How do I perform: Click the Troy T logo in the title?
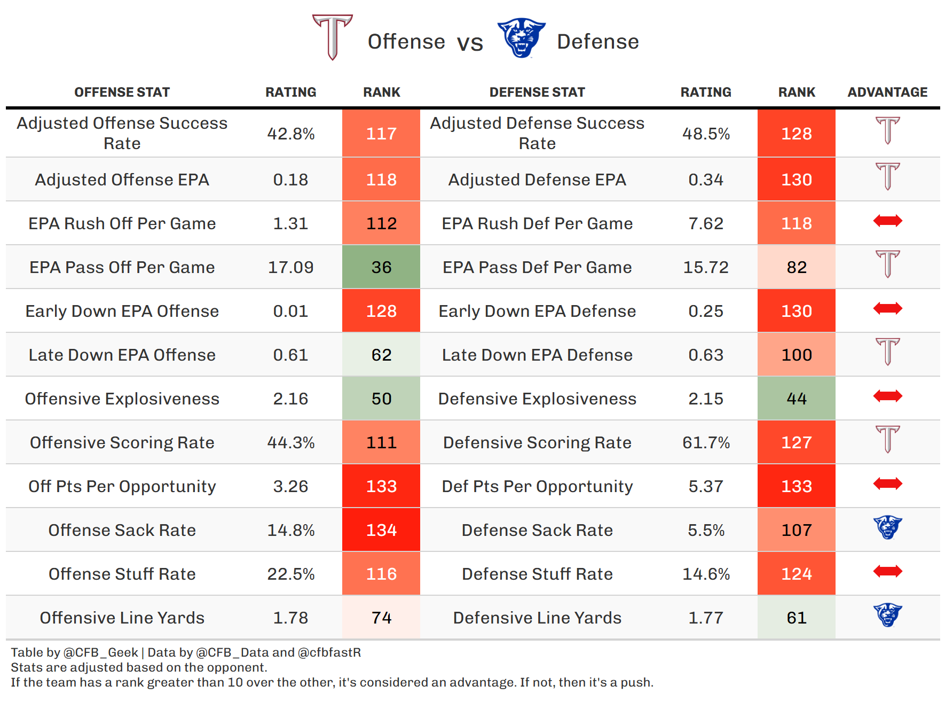(x=332, y=37)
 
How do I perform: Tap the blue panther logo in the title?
(x=521, y=38)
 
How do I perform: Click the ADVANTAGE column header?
(x=887, y=92)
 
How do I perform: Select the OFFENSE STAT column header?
(x=122, y=92)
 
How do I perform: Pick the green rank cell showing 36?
(x=381, y=267)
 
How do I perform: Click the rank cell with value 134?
(x=381, y=530)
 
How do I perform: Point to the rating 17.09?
(x=290, y=267)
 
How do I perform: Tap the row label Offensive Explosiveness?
(x=122, y=399)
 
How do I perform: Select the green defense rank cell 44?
(x=796, y=399)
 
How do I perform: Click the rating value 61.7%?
(x=706, y=442)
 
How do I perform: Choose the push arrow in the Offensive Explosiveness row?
(x=887, y=396)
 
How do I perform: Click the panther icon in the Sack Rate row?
(x=887, y=527)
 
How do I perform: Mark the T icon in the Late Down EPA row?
(x=887, y=352)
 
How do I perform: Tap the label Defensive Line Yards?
(x=537, y=618)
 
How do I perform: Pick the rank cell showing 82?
(x=796, y=267)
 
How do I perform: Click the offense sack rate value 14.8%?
(x=290, y=530)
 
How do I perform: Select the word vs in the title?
(x=470, y=43)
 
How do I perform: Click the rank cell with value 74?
(x=381, y=618)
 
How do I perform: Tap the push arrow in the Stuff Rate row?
(x=887, y=571)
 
